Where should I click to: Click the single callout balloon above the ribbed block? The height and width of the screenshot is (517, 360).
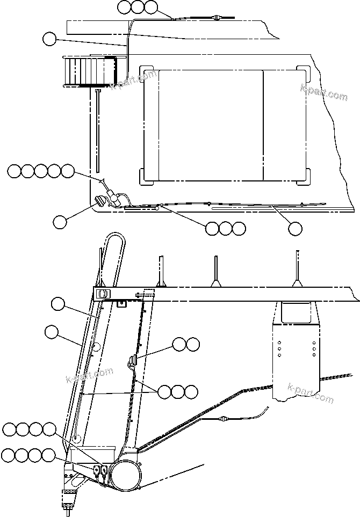click(49, 39)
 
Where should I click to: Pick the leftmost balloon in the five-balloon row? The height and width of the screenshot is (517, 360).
click(14, 171)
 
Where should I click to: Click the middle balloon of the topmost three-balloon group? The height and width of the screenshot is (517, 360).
click(138, 7)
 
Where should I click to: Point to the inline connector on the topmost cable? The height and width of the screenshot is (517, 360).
click(216, 18)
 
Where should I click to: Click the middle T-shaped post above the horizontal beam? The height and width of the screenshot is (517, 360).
click(215, 271)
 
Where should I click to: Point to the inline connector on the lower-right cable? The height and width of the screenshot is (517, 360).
click(224, 418)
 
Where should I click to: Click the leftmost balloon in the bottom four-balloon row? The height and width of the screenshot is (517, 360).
click(8, 456)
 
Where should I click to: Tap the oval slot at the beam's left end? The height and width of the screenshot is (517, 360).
click(103, 294)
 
